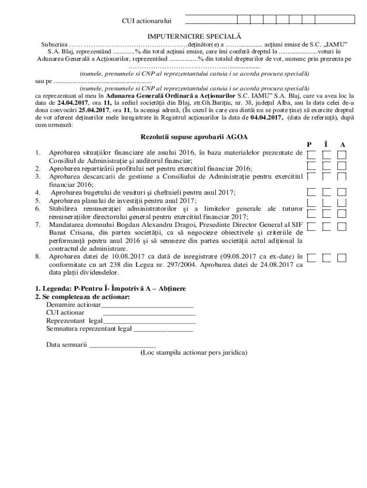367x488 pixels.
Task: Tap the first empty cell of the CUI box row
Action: [211, 20]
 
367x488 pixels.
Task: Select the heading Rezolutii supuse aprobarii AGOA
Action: [194, 137]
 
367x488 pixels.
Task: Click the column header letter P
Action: [309, 144]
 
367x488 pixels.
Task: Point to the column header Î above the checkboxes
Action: [326, 144]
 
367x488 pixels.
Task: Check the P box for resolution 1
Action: [311, 155]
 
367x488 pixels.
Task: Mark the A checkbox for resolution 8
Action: [341, 258]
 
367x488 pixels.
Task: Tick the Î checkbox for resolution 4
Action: [326, 192]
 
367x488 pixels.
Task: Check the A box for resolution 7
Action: [341, 226]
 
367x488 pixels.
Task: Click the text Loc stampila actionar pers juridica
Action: [194, 353]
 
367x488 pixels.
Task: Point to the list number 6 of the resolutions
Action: [37, 209]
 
